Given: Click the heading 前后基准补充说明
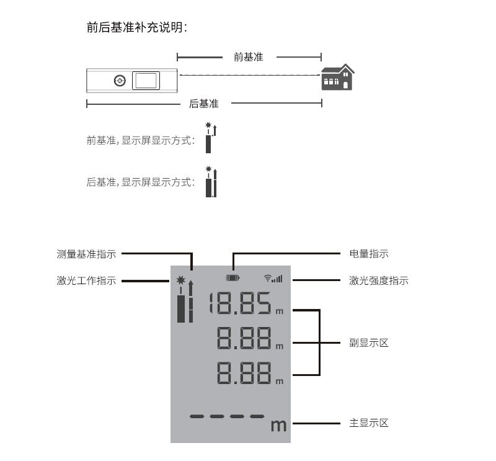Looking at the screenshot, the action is (137, 27).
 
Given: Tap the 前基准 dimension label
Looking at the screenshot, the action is (249, 57).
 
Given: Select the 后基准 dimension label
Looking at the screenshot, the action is (204, 104).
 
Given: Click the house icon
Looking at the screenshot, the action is (338, 78).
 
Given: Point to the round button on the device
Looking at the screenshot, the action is (120, 81).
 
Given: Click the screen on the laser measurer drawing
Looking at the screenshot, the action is (146, 81).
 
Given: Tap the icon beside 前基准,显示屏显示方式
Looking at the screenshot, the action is (211, 138).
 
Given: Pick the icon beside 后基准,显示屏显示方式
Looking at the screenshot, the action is (211, 182).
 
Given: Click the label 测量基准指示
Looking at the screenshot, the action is (86, 254).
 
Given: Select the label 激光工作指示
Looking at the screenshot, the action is (86, 280).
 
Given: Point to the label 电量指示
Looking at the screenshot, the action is (369, 254).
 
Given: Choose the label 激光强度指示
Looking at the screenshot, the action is (379, 280).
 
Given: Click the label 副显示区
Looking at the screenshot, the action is (369, 342).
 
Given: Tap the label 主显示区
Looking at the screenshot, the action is (369, 423).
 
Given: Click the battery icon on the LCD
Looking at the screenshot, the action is (233, 278).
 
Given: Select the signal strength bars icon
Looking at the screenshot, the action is (273, 279).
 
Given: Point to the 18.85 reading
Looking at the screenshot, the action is (240, 303).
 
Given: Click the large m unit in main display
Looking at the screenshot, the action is (278, 425).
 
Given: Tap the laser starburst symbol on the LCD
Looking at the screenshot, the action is (180, 280).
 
